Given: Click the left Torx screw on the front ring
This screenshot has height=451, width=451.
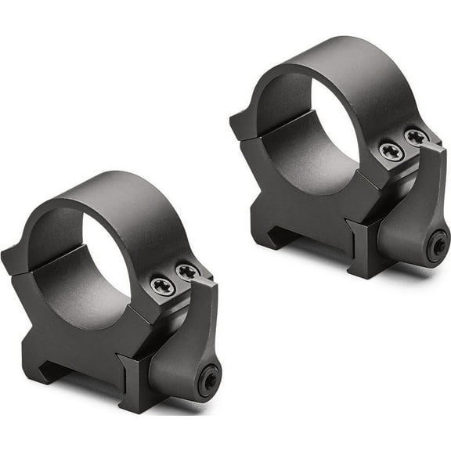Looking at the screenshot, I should click(x=162, y=285).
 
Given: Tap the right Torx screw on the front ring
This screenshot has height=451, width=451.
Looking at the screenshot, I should click(x=186, y=272).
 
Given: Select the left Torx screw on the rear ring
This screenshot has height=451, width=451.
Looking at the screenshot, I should click(x=391, y=151).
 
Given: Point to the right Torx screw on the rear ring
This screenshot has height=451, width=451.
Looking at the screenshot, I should click(x=415, y=138).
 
